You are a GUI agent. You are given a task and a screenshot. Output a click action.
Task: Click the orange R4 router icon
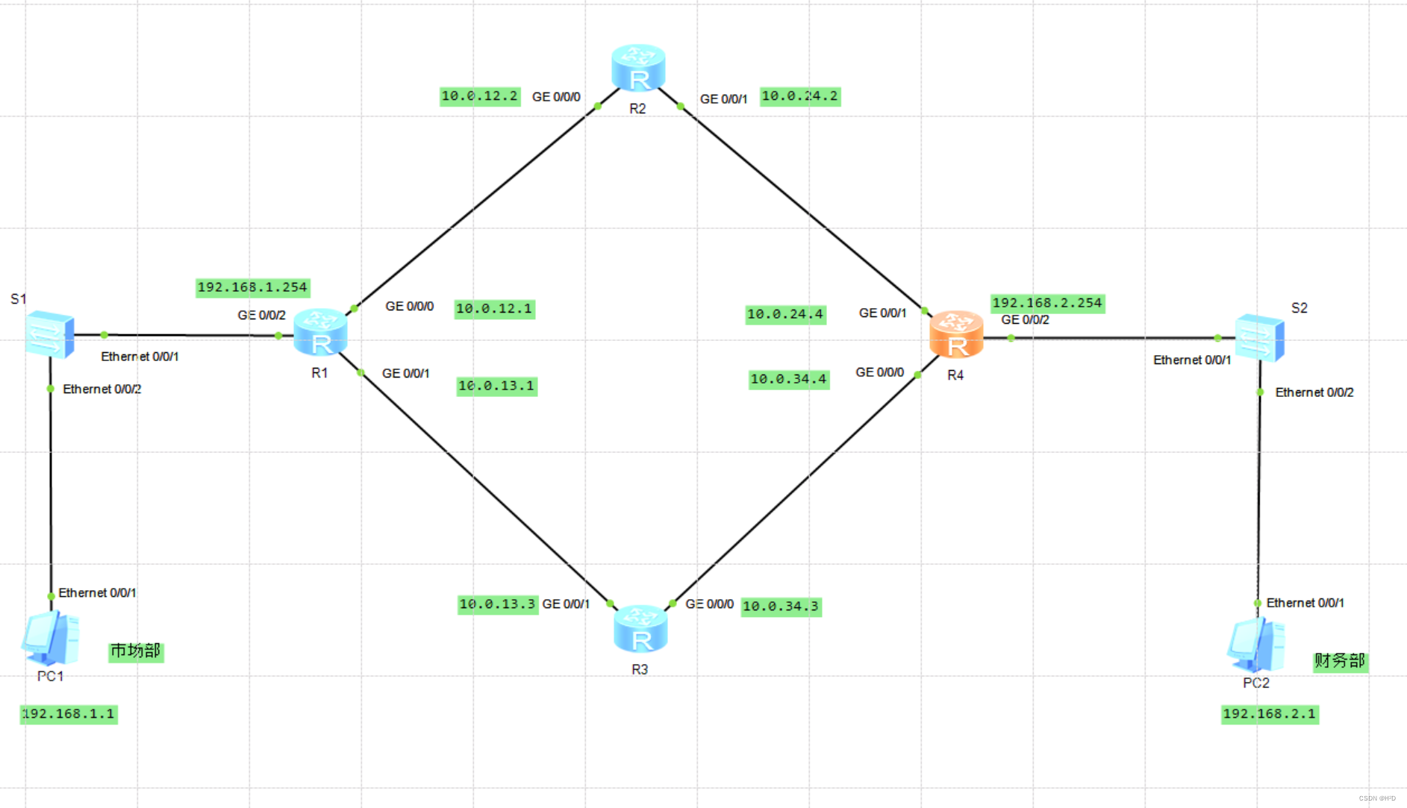tap(956, 335)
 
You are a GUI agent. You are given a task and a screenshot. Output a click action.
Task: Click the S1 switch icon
tap(50, 334)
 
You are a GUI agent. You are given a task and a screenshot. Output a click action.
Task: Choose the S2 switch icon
tap(1259, 338)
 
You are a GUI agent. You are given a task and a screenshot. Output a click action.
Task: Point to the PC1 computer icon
tap(51, 639)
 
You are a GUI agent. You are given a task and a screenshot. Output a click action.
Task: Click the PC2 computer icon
tap(1256, 645)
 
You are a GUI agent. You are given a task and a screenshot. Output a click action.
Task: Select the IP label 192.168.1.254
tap(252, 287)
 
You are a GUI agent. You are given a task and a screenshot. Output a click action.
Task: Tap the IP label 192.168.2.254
tap(1046, 303)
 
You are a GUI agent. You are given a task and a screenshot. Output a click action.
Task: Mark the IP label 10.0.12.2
tap(479, 96)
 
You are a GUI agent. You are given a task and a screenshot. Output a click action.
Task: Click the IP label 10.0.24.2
tap(799, 96)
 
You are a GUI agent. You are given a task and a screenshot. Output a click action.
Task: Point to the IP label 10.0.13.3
tap(497, 604)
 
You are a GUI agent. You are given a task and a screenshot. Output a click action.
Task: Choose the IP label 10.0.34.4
tap(788, 380)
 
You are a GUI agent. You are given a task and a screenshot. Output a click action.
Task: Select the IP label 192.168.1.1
tap(69, 714)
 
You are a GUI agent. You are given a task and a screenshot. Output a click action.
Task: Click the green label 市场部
tap(135, 651)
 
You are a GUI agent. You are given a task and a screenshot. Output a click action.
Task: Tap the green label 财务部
tap(1340, 661)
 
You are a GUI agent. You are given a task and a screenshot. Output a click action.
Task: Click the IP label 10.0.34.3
tap(781, 607)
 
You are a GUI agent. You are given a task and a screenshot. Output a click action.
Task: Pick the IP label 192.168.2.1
tap(1269, 714)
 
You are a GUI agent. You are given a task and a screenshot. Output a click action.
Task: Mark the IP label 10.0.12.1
tap(494, 309)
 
